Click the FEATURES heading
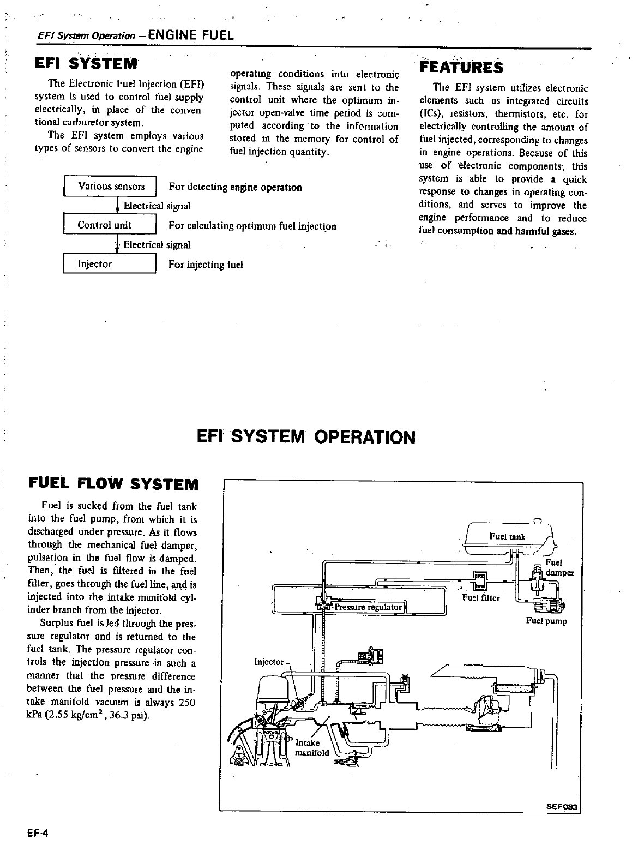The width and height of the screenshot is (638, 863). (461, 67)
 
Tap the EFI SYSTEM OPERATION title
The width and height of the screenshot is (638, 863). (305, 437)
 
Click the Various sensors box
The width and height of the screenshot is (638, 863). (111, 187)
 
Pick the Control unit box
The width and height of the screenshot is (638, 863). (110, 225)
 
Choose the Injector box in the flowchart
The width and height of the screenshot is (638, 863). (110, 264)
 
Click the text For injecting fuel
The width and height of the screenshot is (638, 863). (206, 265)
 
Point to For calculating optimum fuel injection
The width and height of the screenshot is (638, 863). (252, 226)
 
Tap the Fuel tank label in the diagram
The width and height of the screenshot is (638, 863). (507, 537)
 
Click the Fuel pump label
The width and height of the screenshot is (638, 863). (546, 621)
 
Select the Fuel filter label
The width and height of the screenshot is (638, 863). (480, 597)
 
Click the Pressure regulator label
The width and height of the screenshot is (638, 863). (369, 607)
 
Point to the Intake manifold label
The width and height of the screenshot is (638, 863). (311, 748)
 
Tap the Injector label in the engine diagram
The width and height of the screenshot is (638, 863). (269, 662)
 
